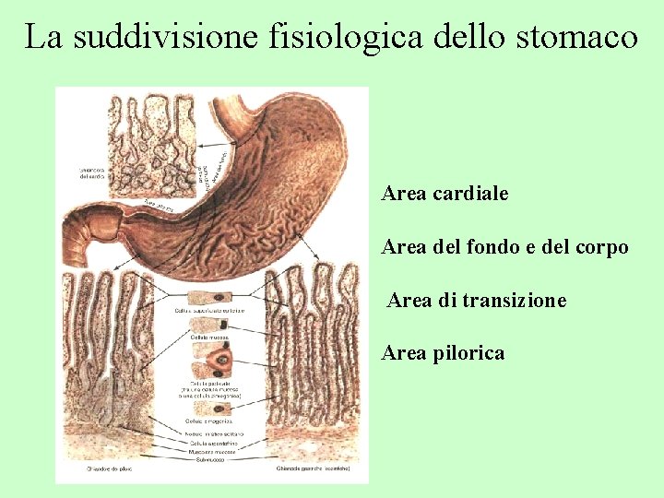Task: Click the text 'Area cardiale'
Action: click(x=445, y=195)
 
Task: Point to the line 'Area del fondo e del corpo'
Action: click(x=504, y=247)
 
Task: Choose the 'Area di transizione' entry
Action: click(x=477, y=301)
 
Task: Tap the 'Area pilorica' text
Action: click(x=443, y=353)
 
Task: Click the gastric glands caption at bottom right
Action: click(x=312, y=469)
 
